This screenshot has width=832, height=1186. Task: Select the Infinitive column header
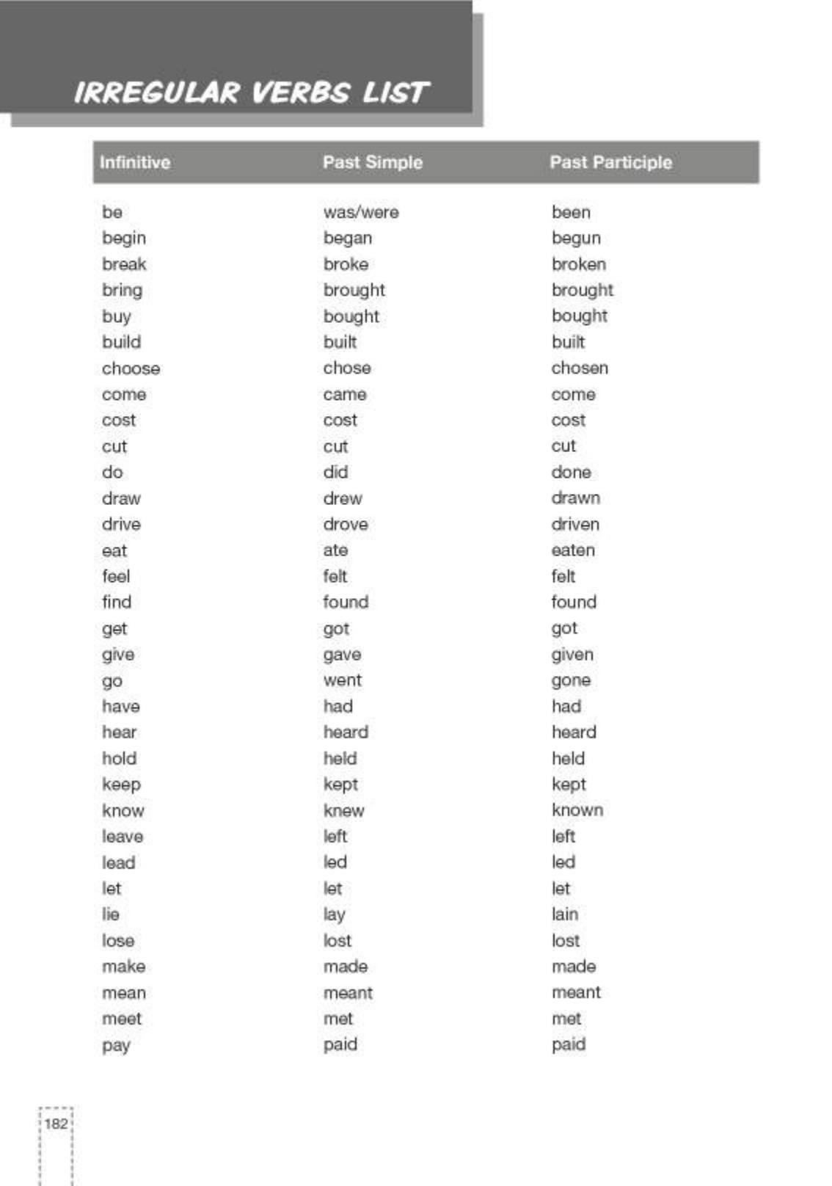tap(135, 162)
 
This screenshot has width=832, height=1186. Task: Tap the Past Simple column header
tap(373, 162)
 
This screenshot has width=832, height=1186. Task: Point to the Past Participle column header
tap(610, 162)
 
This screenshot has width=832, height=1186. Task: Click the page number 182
tap(56, 1124)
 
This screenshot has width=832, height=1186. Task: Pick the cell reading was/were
tap(361, 213)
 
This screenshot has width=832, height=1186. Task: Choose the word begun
tap(576, 239)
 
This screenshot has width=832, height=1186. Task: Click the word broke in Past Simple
tap(346, 264)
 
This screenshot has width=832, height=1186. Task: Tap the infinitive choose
tap(131, 368)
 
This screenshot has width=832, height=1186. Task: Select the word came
tap(345, 395)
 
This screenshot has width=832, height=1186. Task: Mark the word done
tap(571, 473)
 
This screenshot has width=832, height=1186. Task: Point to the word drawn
tap(575, 498)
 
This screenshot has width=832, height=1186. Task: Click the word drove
tap(346, 525)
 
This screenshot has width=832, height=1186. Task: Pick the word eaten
tap(573, 550)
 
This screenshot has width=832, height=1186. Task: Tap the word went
tap(343, 680)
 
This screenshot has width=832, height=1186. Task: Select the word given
tap(572, 655)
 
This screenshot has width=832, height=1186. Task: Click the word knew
tap(343, 811)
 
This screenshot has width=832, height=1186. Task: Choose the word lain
tap(565, 914)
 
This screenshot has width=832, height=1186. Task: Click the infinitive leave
tap(123, 837)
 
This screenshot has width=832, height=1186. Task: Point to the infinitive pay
tap(116, 1046)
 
